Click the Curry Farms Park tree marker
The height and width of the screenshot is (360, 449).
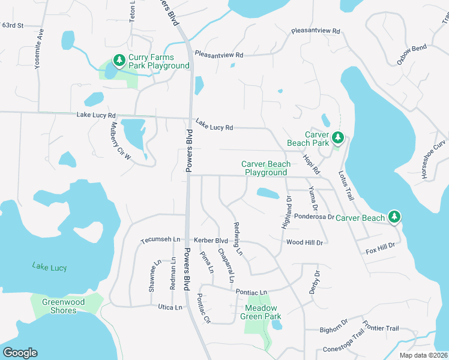pos(119,60)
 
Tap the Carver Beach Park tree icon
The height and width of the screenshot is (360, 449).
pos(338,138)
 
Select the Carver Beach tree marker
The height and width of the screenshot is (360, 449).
pos(394,217)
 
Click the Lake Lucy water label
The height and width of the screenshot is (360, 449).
pos(50,267)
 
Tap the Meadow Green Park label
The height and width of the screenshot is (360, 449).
pos(261,312)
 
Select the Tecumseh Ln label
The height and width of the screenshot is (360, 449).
pos(160,240)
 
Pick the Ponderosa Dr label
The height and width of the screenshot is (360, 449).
pos(313,217)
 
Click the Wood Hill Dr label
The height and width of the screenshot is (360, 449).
pos(304,242)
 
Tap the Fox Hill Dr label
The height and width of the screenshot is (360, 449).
pos(380,246)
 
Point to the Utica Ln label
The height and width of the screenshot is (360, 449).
pos(170,307)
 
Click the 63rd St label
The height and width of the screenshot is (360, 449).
pos(12,25)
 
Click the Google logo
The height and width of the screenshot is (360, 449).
pos(20,353)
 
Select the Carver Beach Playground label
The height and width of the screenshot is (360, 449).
pos(266,168)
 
